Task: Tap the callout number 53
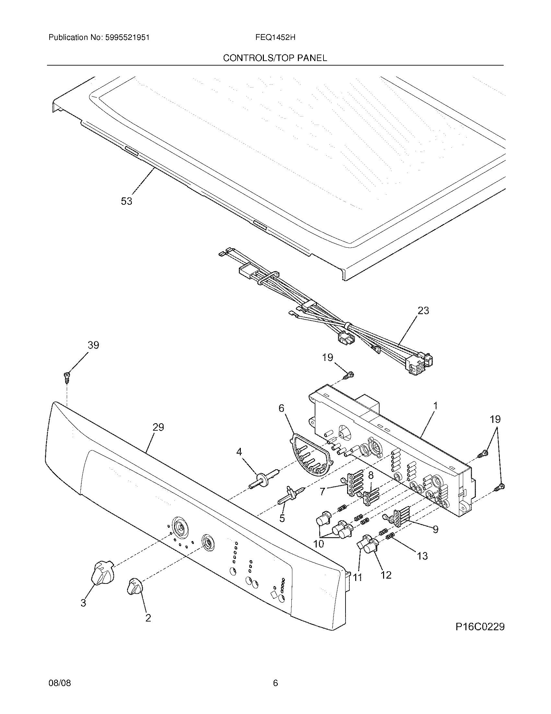[x=126, y=201]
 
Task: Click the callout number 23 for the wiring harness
[x=423, y=310]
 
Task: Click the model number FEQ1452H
[x=275, y=38]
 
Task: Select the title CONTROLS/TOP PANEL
[x=275, y=58]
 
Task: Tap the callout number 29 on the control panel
[x=158, y=427]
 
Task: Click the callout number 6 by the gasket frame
[x=281, y=408]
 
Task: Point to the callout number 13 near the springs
[x=422, y=556]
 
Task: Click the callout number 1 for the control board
[x=435, y=406]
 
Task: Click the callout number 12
[x=386, y=575]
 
